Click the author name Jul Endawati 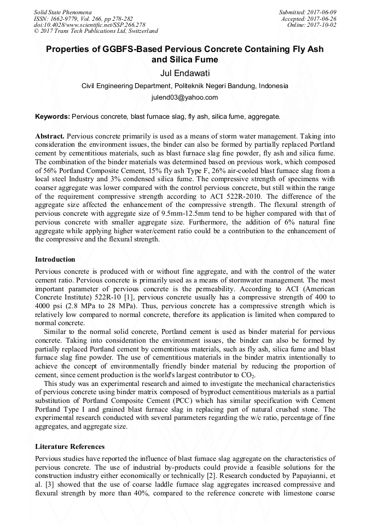pyautogui.click(x=185, y=73)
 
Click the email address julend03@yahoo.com pyautogui.click(x=185, y=97)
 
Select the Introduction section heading pyautogui.click(x=55, y=259)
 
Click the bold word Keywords pyautogui.click(x=52, y=117)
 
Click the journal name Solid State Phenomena pyautogui.click(x=62, y=11)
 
